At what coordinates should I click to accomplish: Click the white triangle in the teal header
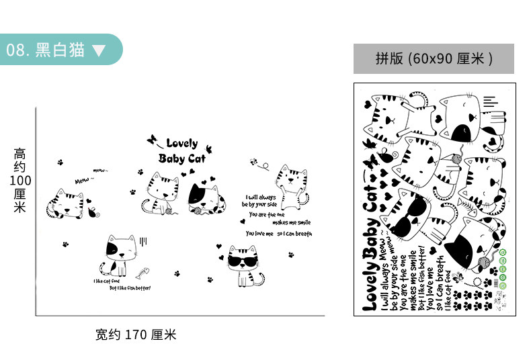coord(99,50)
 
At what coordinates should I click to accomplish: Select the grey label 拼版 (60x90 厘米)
coord(434,59)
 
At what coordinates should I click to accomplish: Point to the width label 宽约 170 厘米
coord(136,334)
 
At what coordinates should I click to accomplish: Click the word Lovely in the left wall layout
coord(181,143)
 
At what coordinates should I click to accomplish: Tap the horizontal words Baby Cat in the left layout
coord(181,159)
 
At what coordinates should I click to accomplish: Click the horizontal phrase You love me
coord(259,234)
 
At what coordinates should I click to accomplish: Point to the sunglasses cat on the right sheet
coord(408,216)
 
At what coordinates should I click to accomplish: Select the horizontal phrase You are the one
coord(267,214)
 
